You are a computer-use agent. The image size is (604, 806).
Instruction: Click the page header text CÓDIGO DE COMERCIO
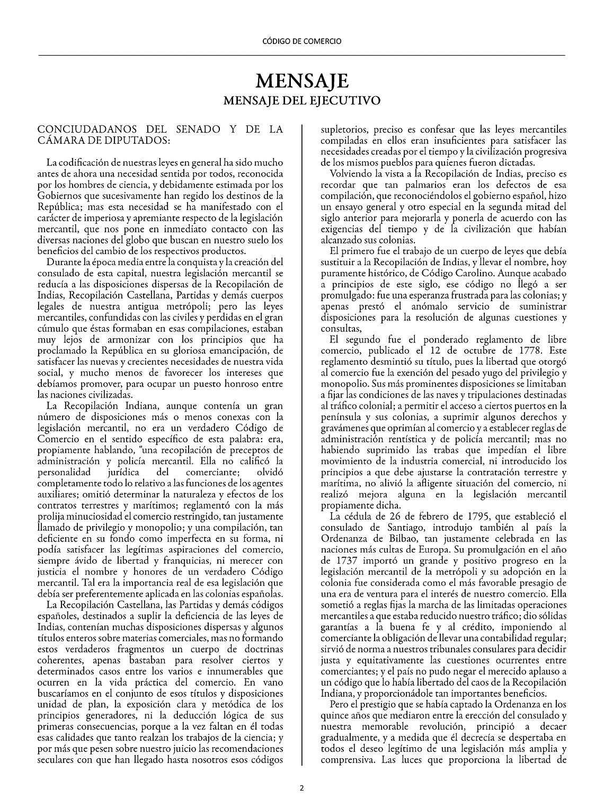[302, 41]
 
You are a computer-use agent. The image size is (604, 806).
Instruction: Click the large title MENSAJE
[302, 81]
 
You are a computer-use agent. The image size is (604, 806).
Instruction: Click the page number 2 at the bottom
[302, 788]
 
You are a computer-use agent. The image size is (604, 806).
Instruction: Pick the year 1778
[530, 351]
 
